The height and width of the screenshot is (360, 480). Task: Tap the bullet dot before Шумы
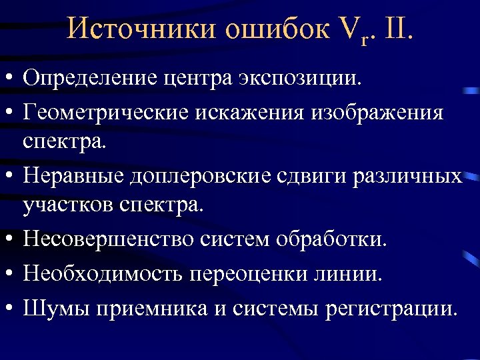click(x=11, y=308)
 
